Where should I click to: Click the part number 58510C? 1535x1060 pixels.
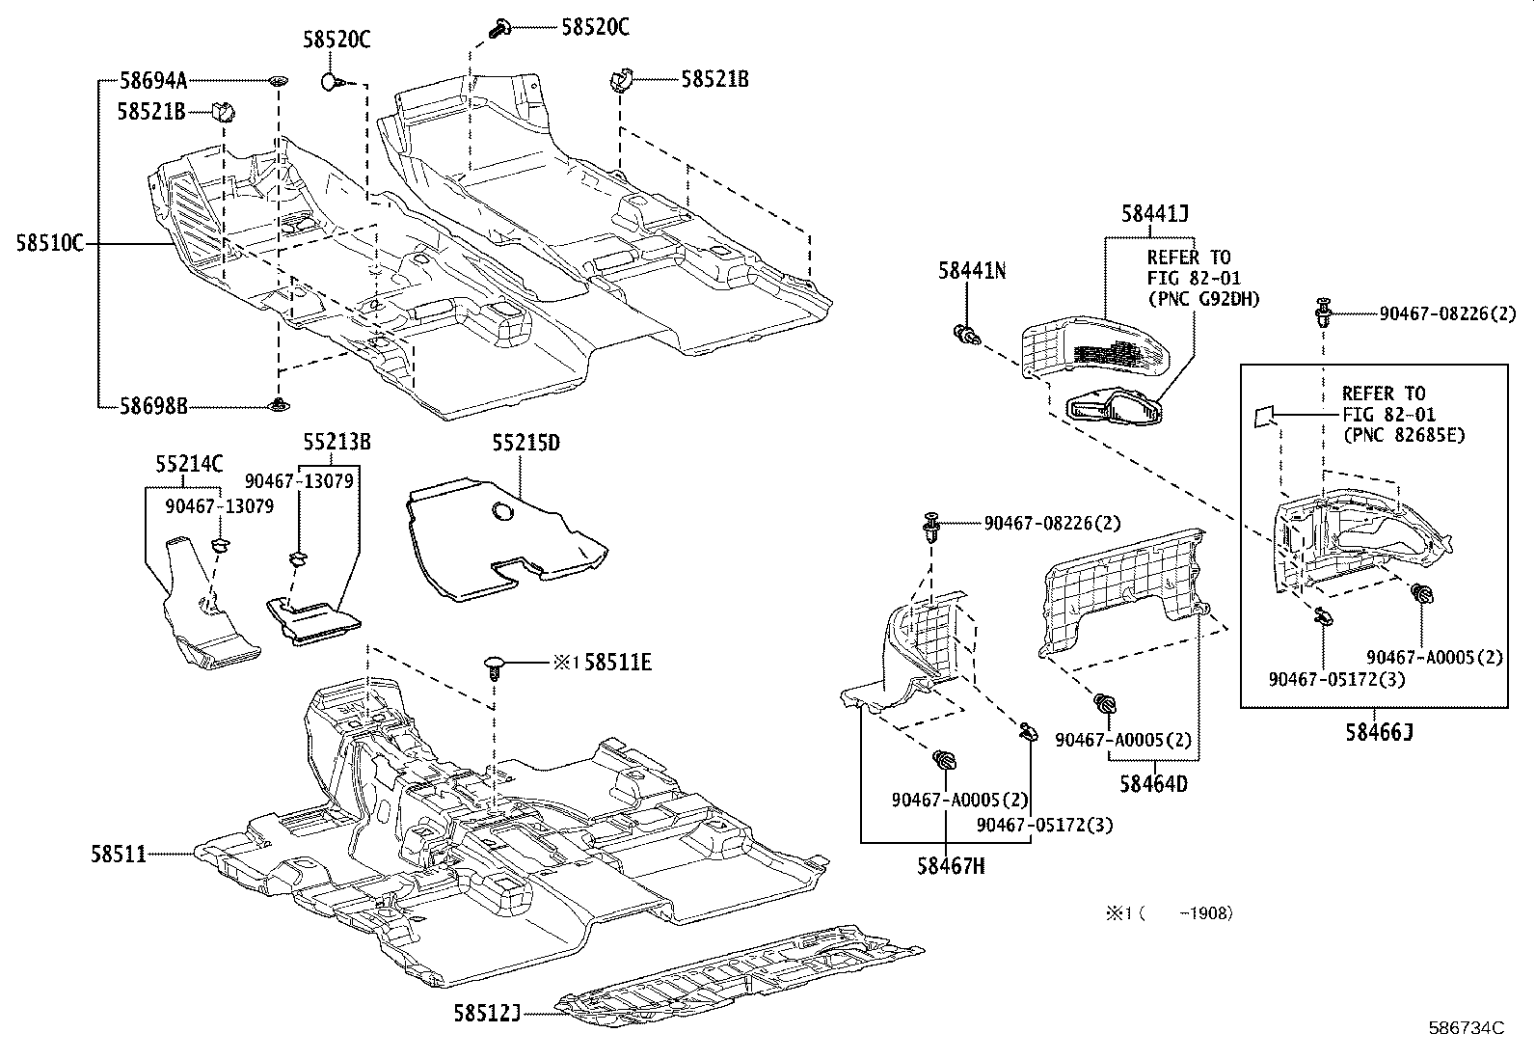coord(49,244)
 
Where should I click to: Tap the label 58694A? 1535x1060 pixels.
coord(153,81)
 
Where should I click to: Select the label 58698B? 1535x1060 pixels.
coord(153,407)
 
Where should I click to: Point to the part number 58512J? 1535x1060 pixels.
coord(487,1012)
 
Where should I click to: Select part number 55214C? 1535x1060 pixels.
coord(189,465)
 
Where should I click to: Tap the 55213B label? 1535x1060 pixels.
coord(337,443)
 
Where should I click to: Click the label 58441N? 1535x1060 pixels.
coord(972,272)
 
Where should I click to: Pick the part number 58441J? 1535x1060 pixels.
coord(1154,214)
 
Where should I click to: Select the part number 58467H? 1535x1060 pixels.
coord(951,865)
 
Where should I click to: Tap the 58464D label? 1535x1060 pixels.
coord(1154,783)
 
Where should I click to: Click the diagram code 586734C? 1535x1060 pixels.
coord(1466,1028)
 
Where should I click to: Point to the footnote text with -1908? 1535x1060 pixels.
coord(1169,912)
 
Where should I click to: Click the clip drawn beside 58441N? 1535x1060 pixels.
coord(967,336)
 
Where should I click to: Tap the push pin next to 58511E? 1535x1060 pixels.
coord(495,666)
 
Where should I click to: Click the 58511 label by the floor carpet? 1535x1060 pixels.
coord(119,853)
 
